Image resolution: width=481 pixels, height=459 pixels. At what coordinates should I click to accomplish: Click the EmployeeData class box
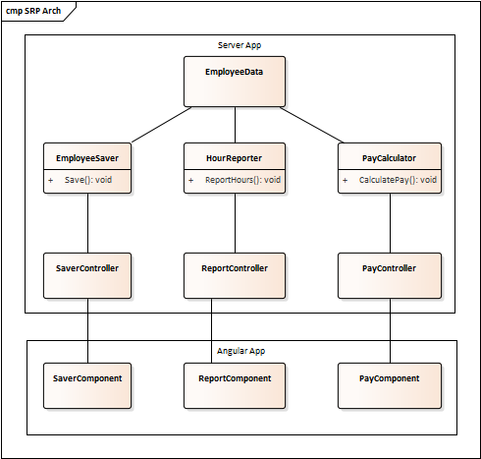(x=235, y=81)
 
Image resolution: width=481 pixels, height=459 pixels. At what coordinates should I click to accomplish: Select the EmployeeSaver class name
(x=87, y=156)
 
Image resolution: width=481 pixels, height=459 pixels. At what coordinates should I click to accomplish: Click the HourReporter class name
(x=235, y=156)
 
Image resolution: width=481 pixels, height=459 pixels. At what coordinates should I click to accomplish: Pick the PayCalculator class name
(x=390, y=156)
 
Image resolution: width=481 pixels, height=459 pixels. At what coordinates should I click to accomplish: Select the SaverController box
(x=87, y=275)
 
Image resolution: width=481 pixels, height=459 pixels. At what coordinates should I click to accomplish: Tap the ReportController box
(x=235, y=275)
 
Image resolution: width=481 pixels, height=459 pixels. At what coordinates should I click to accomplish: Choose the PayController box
(x=390, y=275)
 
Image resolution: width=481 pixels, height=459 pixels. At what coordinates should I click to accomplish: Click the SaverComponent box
(x=87, y=385)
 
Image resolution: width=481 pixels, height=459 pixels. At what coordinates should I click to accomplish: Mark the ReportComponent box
(x=235, y=385)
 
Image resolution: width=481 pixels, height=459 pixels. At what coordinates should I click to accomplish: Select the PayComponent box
(x=390, y=385)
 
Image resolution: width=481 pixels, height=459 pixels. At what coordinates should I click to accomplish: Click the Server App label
(x=239, y=45)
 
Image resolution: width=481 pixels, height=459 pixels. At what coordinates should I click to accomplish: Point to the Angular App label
(x=240, y=350)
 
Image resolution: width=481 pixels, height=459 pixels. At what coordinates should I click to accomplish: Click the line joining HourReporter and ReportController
(x=235, y=222)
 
